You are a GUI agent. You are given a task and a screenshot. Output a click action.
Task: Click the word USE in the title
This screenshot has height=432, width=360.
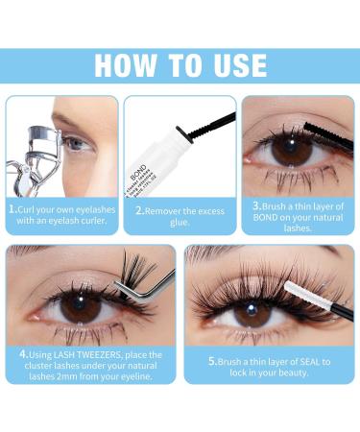(233, 64)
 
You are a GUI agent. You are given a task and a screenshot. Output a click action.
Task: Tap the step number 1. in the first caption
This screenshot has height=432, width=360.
(12, 206)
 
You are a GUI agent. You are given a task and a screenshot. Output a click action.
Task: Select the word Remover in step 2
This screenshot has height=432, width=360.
(170, 207)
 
